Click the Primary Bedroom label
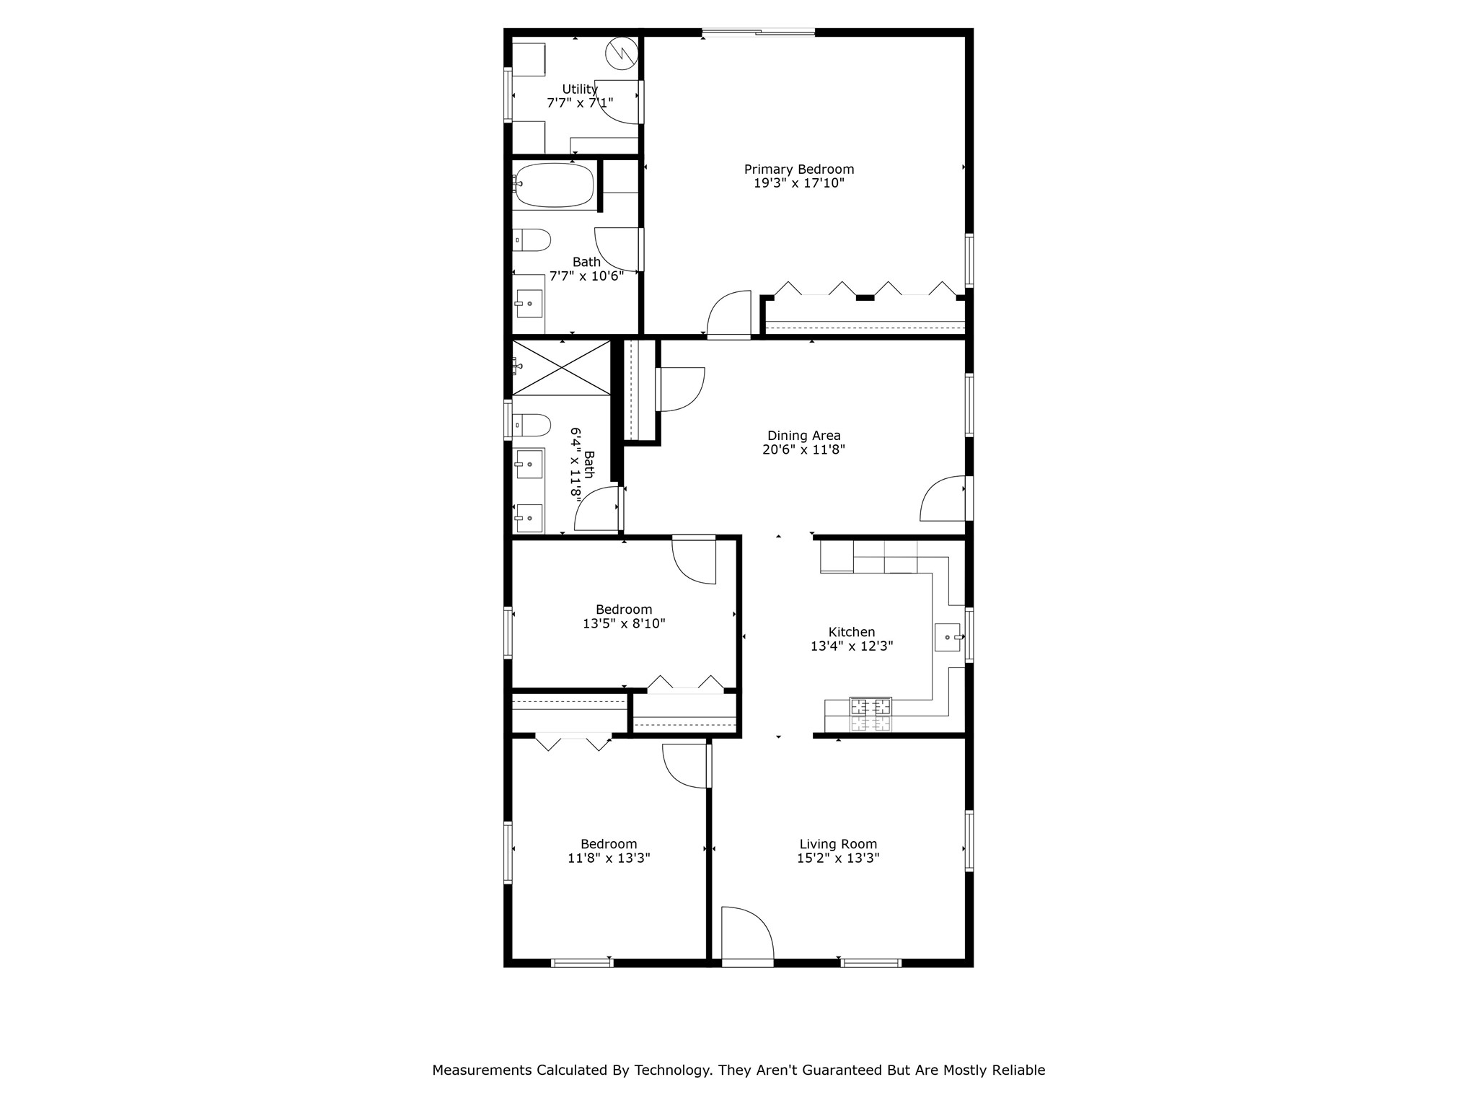[x=798, y=170]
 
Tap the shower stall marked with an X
[x=561, y=368]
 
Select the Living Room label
[x=837, y=844]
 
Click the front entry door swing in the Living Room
[x=747, y=934]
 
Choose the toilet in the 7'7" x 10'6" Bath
[x=532, y=239]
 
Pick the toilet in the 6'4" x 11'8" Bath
[x=532, y=425]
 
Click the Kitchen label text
[x=851, y=632]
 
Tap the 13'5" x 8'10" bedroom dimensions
[x=624, y=624]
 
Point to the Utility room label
[x=580, y=89]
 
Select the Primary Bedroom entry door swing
[x=730, y=314]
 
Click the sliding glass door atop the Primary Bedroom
[x=758, y=32]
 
